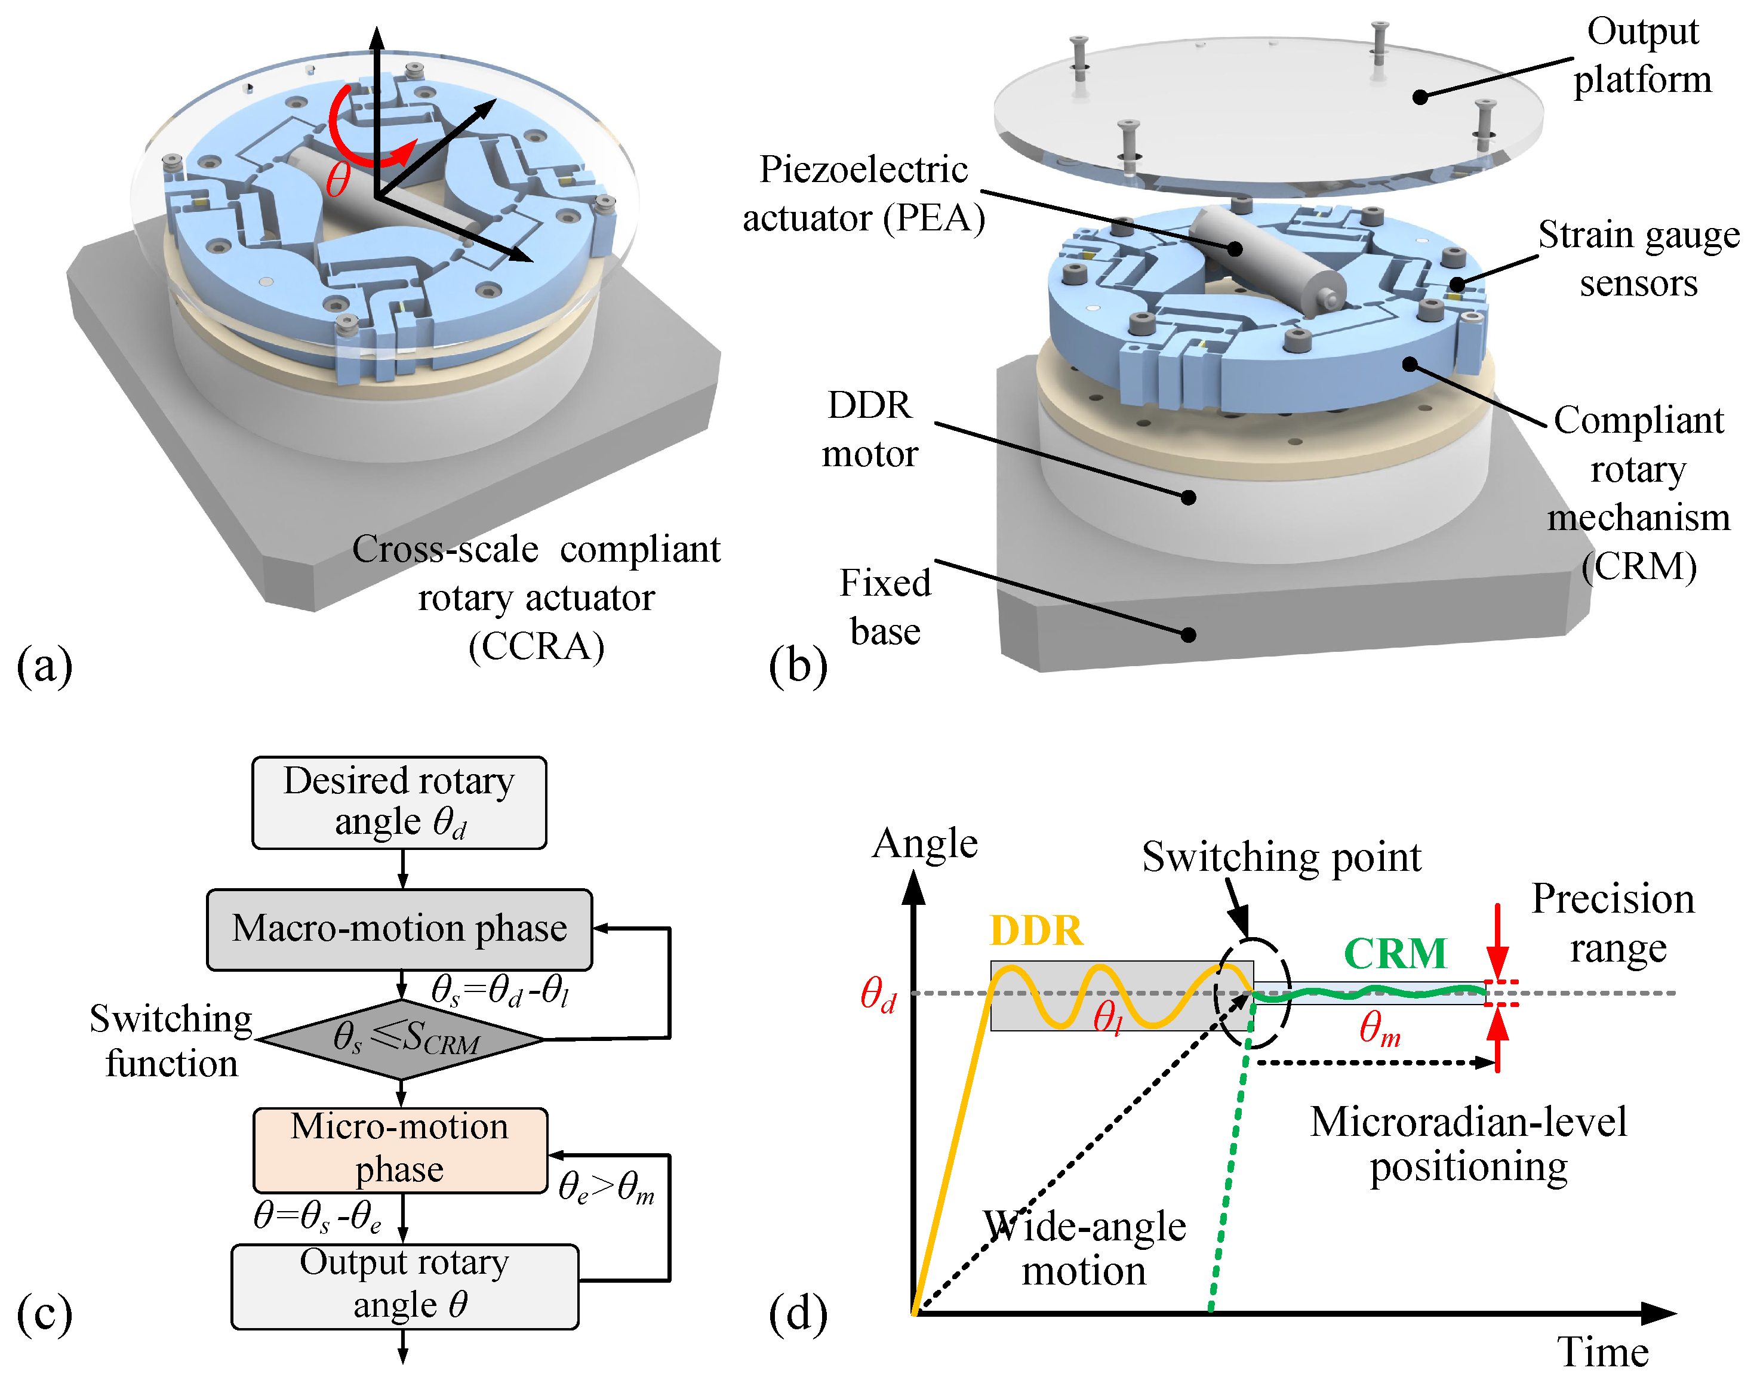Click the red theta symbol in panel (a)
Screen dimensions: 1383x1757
tap(338, 179)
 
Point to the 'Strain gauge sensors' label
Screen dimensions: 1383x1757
tap(1638, 258)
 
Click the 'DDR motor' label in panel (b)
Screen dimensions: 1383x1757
tap(870, 429)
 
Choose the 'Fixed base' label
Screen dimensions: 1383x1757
tap(885, 606)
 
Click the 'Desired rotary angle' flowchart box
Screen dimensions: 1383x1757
tap(399, 802)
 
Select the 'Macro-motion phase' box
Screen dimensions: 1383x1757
tap(399, 929)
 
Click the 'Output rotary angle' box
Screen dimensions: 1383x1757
tap(404, 1285)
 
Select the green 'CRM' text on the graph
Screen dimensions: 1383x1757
tap(1394, 953)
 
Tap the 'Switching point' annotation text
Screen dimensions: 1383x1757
tap(1281, 857)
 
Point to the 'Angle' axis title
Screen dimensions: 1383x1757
tap(925, 844)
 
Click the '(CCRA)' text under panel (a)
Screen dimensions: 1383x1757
tap(536, 647)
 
